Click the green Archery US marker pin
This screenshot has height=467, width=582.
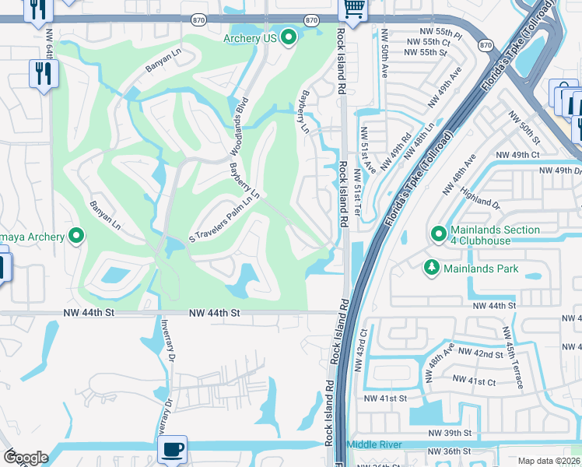coord(289,37)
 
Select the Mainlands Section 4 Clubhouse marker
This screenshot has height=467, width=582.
coord(439,233)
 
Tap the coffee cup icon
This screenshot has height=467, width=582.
coord(171,448)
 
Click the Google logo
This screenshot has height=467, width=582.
coord(26,458)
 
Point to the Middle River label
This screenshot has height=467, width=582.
coord(373,444)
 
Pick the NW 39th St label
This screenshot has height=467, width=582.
coord(450,432)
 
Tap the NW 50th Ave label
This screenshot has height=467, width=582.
coord(384,54)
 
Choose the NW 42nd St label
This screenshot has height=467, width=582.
coord(481,353)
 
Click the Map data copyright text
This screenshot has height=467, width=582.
coord(548,461)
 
